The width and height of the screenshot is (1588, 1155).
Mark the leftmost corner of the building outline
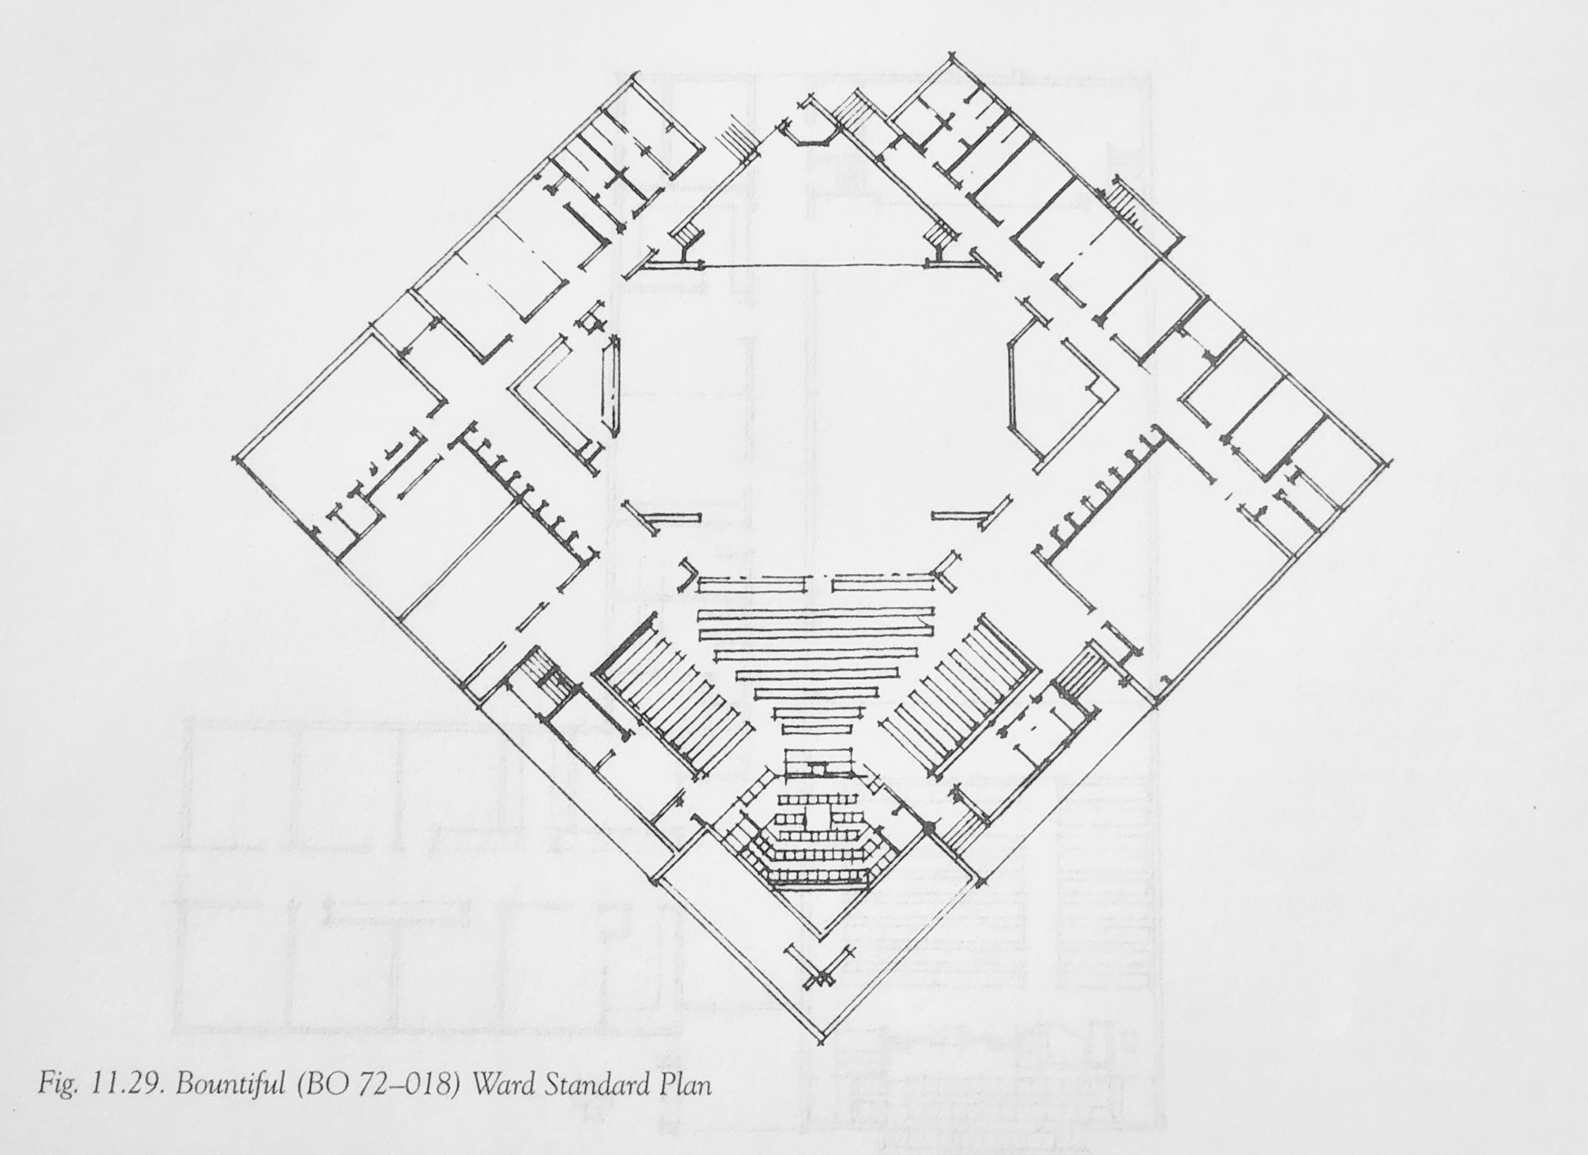pyautogui.click(x=234, y=460)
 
